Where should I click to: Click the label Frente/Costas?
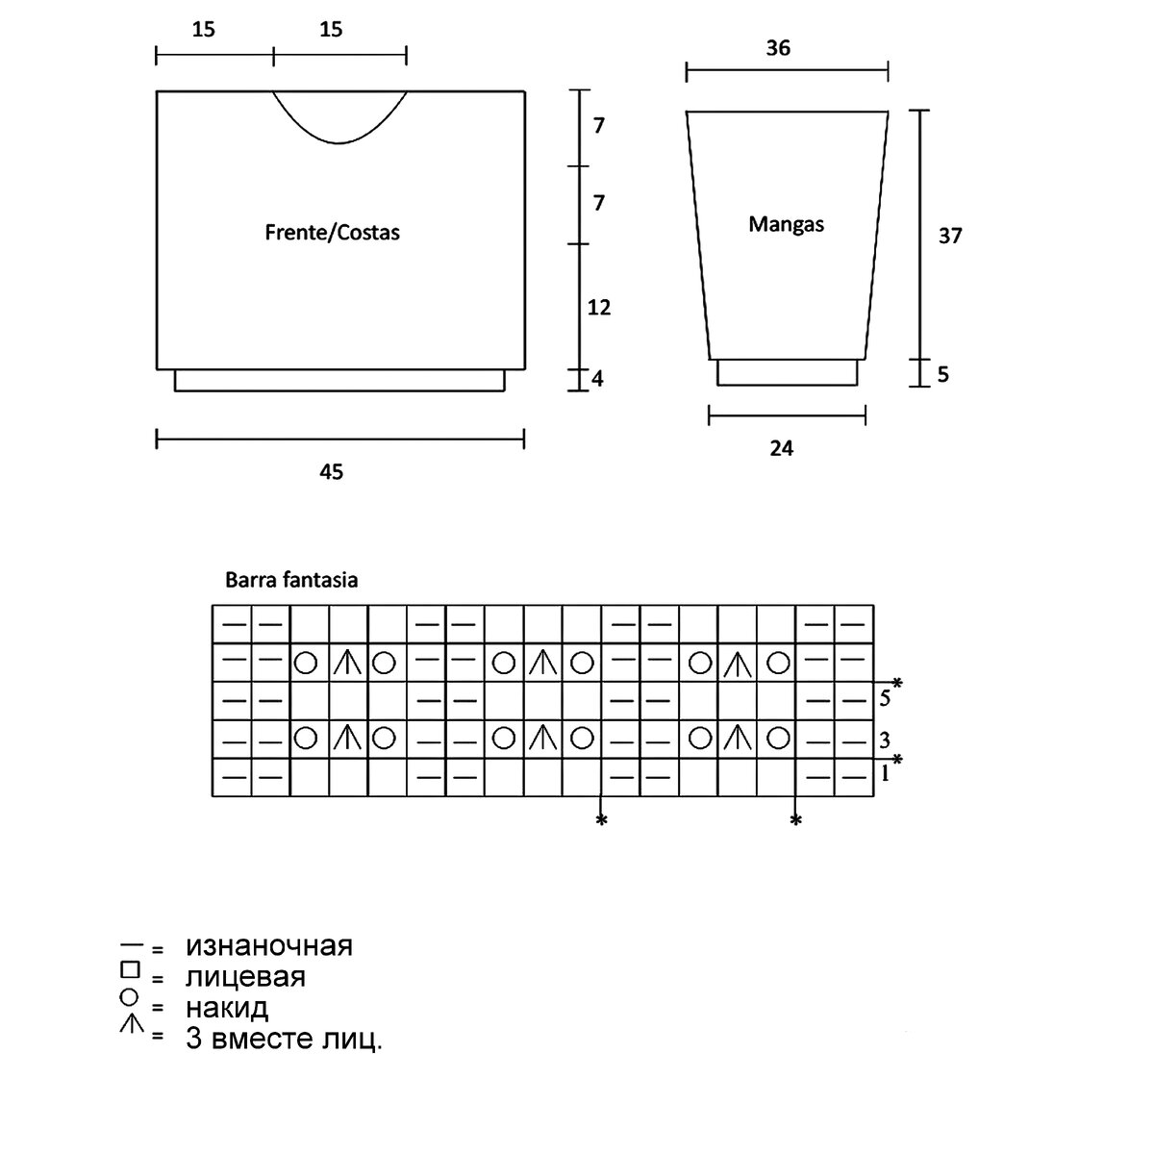pyautogui.click(x=332, y=233)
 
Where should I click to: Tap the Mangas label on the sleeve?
pyautogui.click(x=786, y=224)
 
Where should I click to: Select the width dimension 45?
pyautogui.click(x=331, y=471)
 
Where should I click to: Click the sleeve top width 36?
pyautogui.click(x=778, y=47)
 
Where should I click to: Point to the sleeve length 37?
pyautogui.click(x=949, y=236)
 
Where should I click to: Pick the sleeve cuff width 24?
pyautogui.click(x=782, y=448)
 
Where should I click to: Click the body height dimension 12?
pyautogui.click(x=599, y=308)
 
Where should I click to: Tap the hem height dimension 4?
pyautogui.click(x=597, y=378)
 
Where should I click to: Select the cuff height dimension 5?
pyautogui.click(x=942, y=374)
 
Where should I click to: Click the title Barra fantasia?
pyautogui.click(x=290, y=580)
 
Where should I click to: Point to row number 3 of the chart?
pyautogui.click(x=884, y=740)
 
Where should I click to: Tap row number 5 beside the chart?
pyautogui.click(x=884, y=699)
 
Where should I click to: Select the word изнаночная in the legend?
pyautogui.click(x=269, y=945)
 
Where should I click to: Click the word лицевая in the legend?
pyautogui.click(x=245, y=977)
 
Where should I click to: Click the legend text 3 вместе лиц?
pyautogui.click(x=284, y=1040)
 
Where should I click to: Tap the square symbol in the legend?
pyautogui.click(x=131, y=969)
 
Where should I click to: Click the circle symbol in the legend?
pyautogui.click(x=131, y=999)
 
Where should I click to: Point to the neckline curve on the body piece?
pyautogui.click(x=339, y=141)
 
